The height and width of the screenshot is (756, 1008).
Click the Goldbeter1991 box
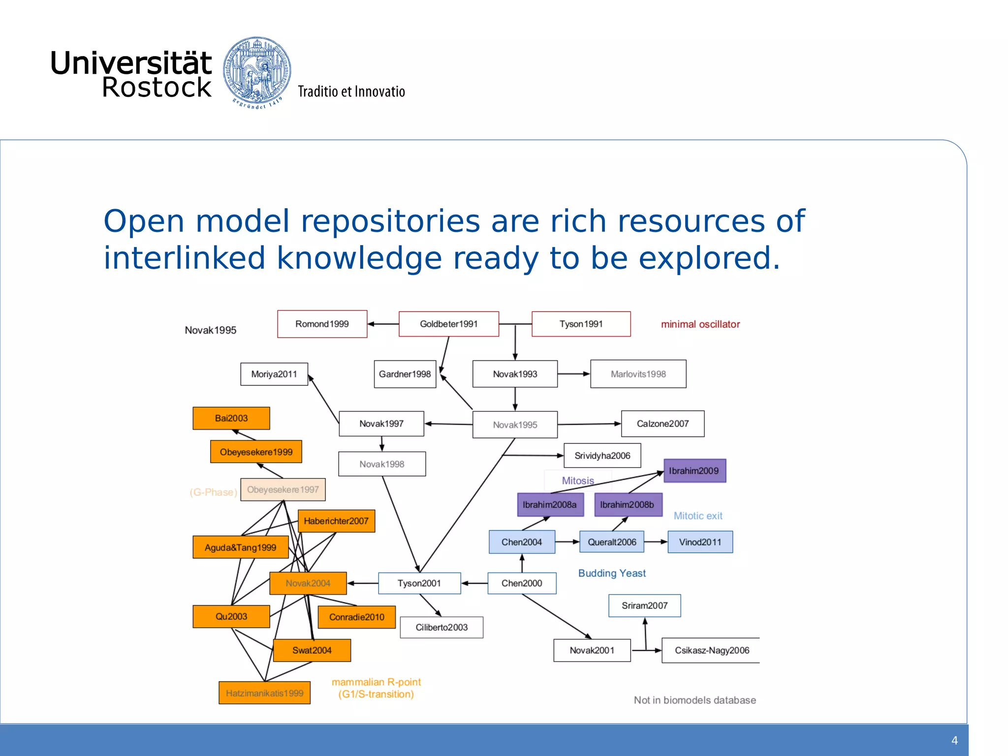pos(448,324)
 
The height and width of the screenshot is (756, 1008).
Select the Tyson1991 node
pos(581,324)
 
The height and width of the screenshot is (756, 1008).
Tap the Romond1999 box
pos(322,324)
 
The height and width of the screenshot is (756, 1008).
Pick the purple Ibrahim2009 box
pos(694,471)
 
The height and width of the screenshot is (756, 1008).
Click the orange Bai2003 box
pos(231,418)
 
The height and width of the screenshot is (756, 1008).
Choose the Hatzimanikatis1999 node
pos(264,693)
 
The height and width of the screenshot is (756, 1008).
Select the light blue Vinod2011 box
pos(700,542)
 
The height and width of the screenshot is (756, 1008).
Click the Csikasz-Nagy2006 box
pos(711,650)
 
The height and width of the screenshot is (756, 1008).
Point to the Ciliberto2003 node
pos(441,628)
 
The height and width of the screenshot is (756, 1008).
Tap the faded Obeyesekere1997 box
pos(283,490)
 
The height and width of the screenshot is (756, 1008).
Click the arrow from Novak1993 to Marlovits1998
pos(574,374)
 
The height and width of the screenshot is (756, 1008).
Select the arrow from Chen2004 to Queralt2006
pos(567,542)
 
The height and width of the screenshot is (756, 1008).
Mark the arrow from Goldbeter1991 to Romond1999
pos(383,324)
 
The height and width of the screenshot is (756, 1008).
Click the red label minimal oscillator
pos(700,324)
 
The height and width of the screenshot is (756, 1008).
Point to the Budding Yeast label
pos(612,573)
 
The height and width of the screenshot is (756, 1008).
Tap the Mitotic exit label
pos(698,516)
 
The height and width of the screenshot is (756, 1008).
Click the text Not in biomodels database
pos(694,700)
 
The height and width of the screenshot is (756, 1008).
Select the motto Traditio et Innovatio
pos(351,92)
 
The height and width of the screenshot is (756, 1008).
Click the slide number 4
pos(954,741)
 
